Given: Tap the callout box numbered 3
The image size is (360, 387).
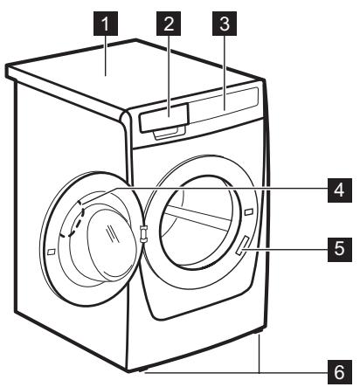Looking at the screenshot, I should [x=225, y=27].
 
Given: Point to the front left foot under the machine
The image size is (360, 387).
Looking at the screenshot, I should [x=131, y=370].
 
